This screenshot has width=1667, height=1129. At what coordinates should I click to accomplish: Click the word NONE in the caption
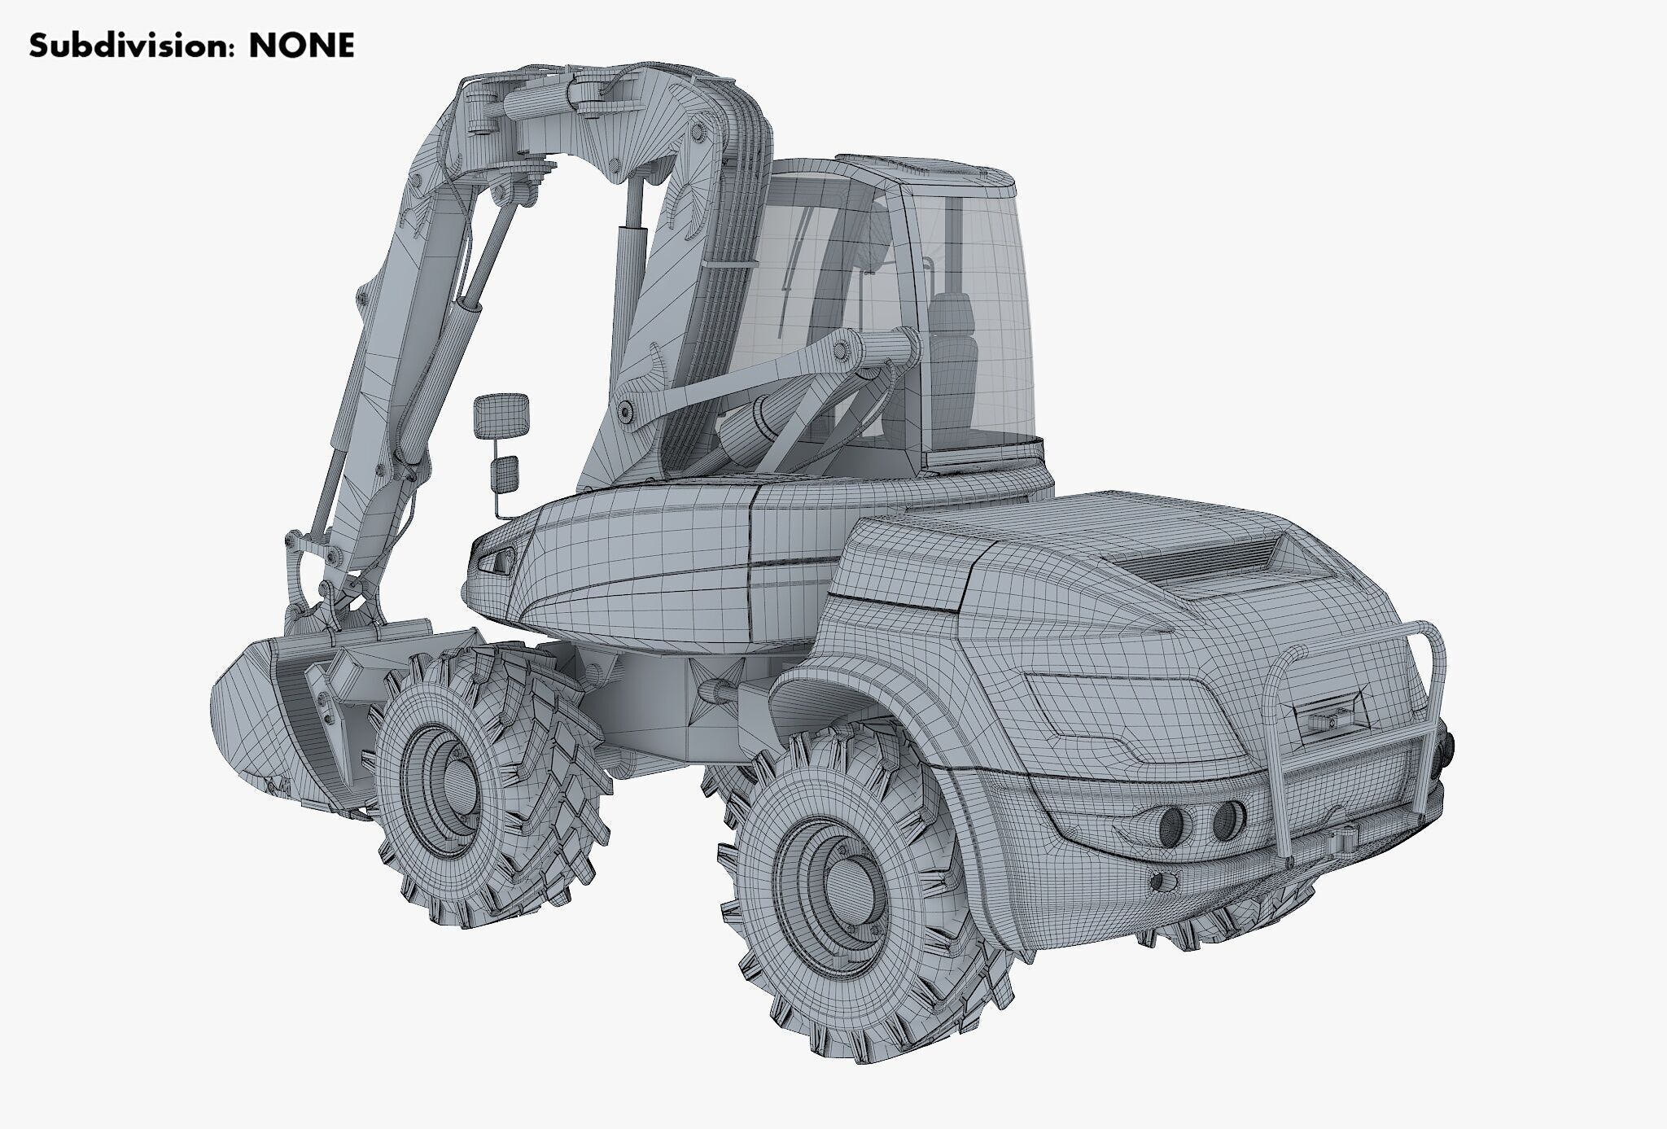[301, 46]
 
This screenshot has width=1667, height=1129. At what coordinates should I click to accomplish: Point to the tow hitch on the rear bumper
[1343, 838]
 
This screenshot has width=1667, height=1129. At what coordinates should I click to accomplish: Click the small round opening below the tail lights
[1162, 881]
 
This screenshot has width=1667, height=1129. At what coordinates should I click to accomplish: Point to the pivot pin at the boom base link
[627, 411]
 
